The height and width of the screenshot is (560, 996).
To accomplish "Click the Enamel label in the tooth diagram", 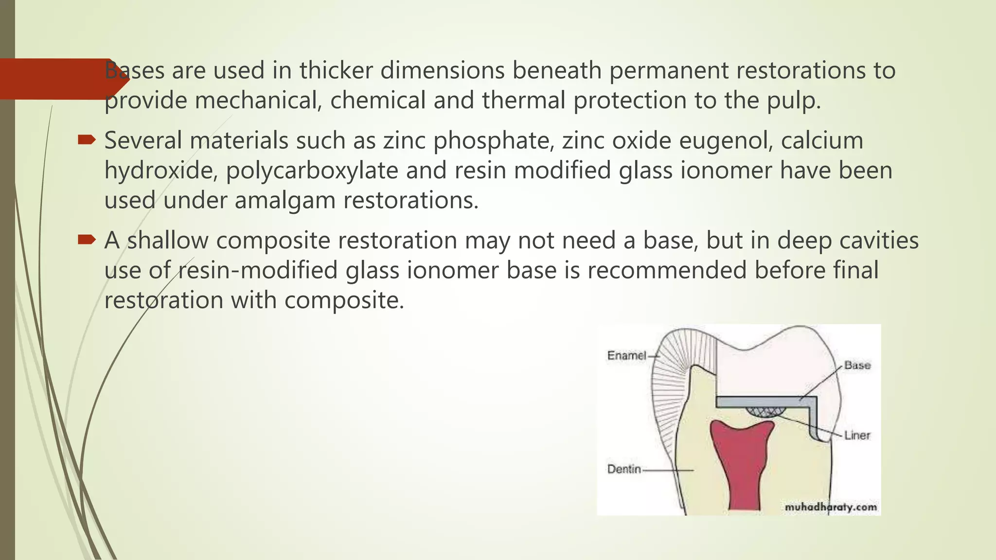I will click(626, 356).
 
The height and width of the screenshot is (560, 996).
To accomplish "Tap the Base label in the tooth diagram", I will click(857, 365).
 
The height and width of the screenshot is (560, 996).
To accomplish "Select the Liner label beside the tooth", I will click(857, 436).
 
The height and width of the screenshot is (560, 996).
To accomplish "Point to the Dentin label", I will click(624, 470).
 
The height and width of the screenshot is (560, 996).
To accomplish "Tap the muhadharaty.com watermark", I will click(831, 507).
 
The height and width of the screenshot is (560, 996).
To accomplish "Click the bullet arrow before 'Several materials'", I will click(87, 140).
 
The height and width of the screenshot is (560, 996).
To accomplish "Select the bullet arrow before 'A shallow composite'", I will click(87, 240).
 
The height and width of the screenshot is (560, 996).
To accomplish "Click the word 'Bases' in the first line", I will click(134, 71).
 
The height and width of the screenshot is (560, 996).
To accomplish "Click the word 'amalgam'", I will click(285, 201).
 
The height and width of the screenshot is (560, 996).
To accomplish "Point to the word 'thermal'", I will click(523, 101).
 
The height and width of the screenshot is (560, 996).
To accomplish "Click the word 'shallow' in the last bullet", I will click(168, 241).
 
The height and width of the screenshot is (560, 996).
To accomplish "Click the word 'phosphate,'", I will click(494, 141).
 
